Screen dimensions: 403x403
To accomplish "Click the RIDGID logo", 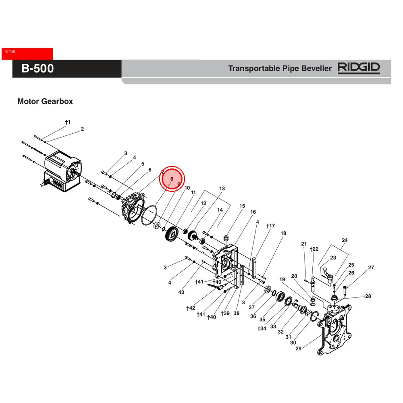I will tap(359, 68).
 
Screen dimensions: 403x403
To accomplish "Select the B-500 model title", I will tap(37, 69).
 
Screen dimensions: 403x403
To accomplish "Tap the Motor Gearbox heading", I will tap(45, 102).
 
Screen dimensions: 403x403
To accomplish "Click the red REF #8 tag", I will tap(27, 54).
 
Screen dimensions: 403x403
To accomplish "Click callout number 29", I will tap(298, 349).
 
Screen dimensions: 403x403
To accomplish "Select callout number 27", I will tap(371, 268).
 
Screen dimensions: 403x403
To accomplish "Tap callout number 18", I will tap(283, 233).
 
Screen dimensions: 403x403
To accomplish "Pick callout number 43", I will tap(181, 292).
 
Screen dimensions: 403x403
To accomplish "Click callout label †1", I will tap(68, 122).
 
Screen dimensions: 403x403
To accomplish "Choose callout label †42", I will tap(191, 308).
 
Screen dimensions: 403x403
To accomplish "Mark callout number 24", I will tap(344, 241).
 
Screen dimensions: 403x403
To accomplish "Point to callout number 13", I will tap(222, 189).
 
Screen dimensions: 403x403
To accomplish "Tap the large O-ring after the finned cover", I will tap(149, 215).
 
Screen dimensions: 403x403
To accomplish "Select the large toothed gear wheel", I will tap(172, 234).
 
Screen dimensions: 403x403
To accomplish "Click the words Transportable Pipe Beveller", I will tap(280, 69).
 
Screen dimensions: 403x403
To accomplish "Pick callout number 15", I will tap(242, 206).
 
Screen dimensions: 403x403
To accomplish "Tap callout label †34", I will tap(262, 329).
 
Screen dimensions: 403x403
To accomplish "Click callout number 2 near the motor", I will tap(82, 129).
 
